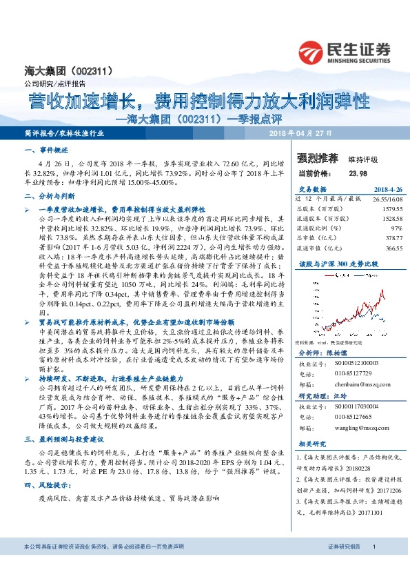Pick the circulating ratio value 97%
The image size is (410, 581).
[378, 226]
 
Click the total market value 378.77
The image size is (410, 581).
[375, 237]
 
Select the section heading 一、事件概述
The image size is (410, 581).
[47, 150]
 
